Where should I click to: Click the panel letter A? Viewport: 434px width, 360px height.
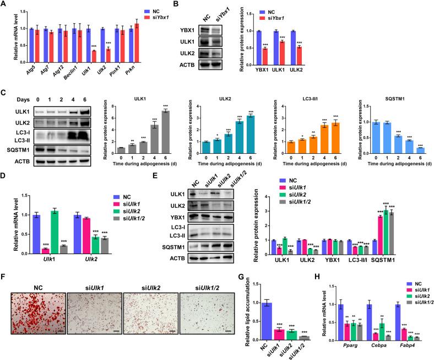tap(4, 5)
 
